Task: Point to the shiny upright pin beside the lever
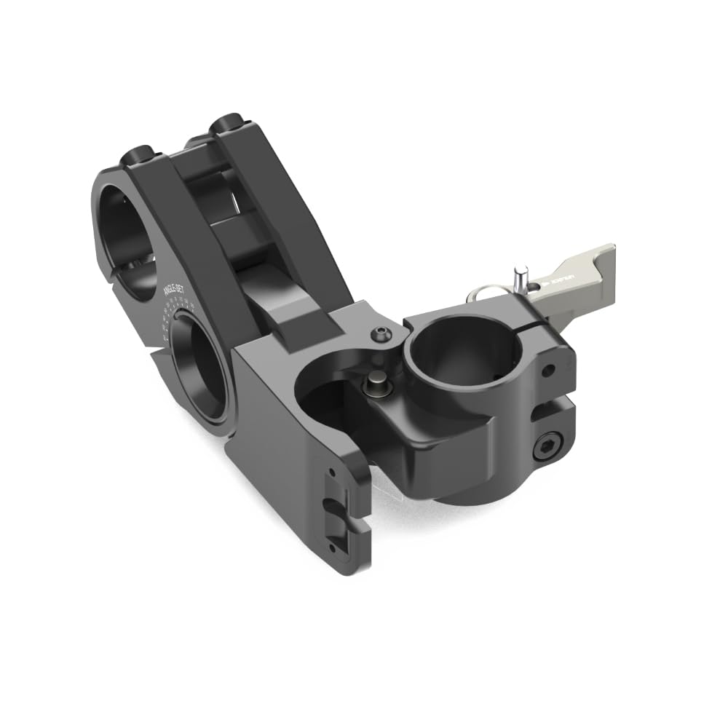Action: click(519, 279)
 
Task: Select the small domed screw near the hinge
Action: click(379, 334)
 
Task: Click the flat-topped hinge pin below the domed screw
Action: click(376, 381)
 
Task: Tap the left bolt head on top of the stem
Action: click(139, 155)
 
